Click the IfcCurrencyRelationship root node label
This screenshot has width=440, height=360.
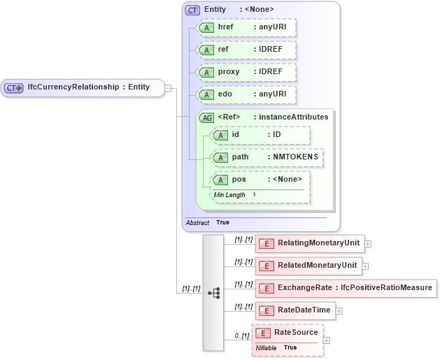88,87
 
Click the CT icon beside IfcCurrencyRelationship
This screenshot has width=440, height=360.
14,88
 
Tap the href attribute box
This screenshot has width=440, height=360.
246,27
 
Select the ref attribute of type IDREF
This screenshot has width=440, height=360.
246,50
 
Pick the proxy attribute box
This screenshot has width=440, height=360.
246,72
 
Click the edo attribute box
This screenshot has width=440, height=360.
246,94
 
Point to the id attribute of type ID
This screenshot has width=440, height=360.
260,134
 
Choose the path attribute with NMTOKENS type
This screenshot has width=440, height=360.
267,157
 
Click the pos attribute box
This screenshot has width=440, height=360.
260,180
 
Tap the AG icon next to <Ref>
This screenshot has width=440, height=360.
206,117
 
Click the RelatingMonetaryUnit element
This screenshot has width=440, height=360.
310,243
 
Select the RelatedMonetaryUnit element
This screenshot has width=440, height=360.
309,266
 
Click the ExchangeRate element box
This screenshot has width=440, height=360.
346,288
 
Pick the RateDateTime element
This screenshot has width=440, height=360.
297,310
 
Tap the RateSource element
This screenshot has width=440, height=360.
288,333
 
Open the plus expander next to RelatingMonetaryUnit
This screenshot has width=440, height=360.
368,244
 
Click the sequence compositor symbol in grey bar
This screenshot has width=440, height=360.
213,293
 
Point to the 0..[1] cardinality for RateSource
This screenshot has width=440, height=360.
241,336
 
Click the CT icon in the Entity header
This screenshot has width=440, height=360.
192,10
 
